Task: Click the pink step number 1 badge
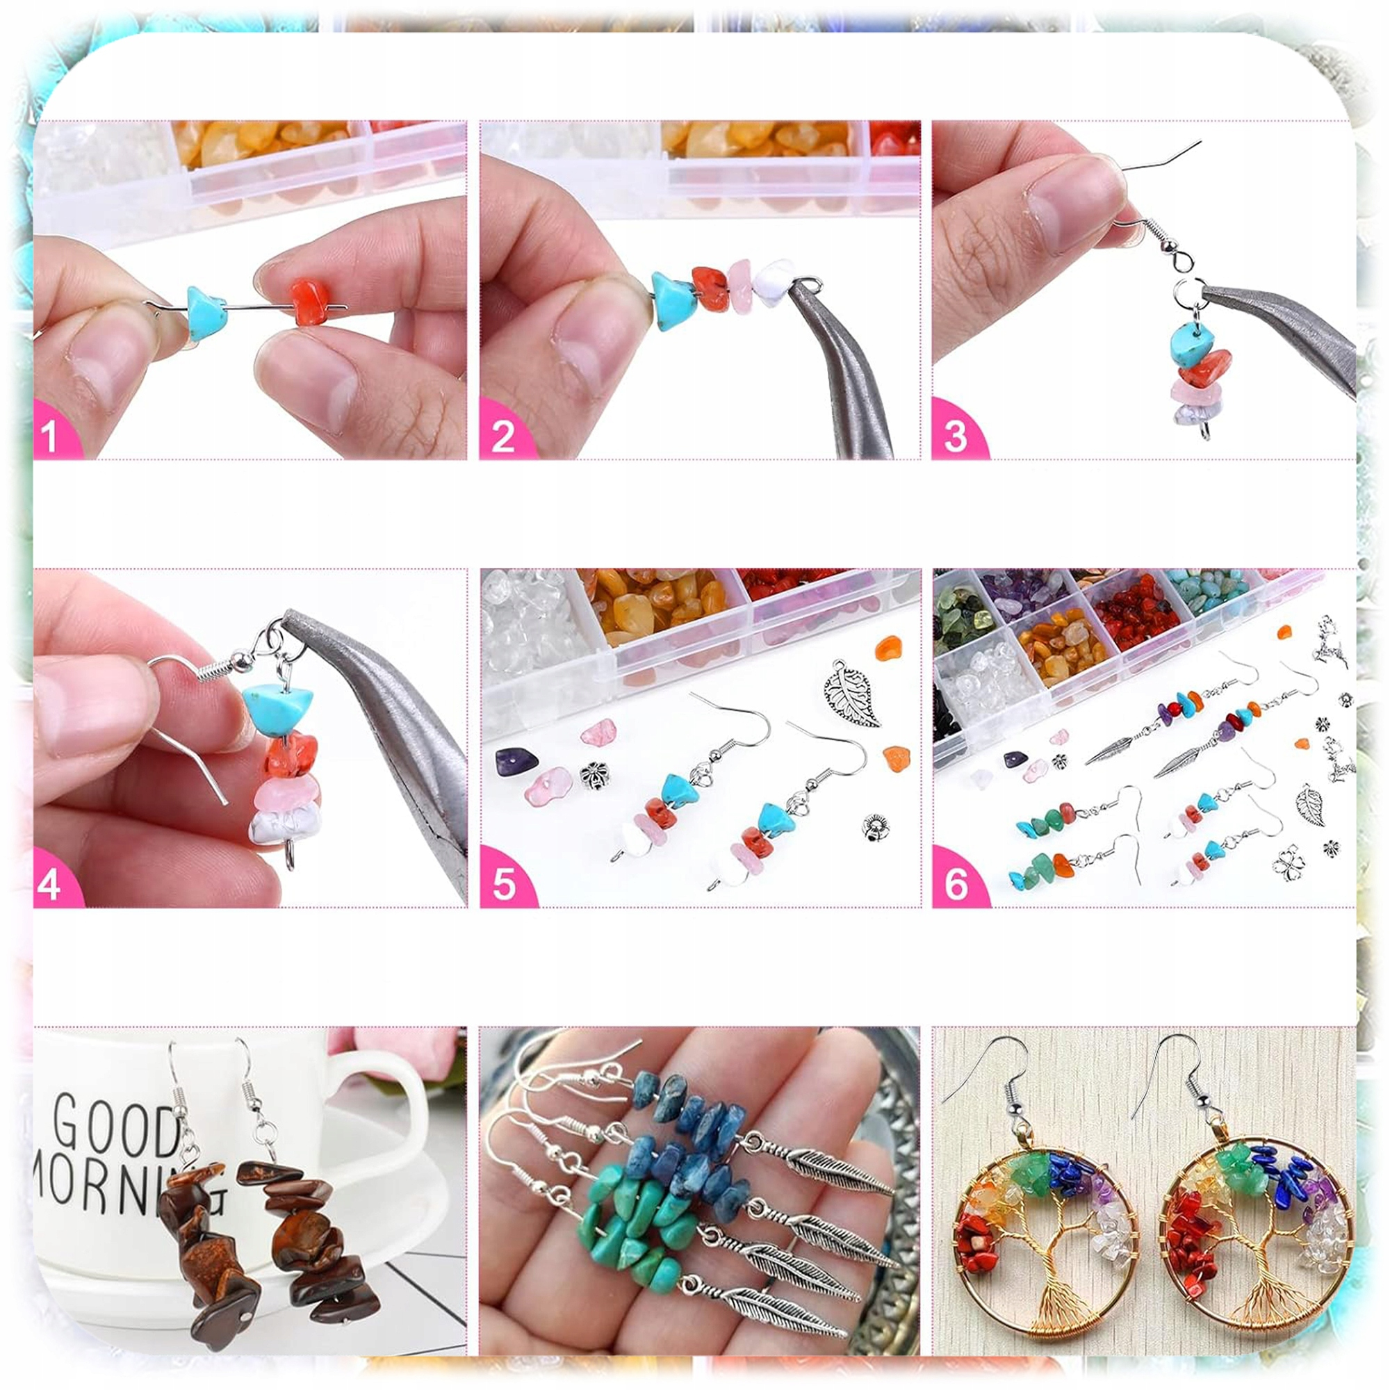(52, 434)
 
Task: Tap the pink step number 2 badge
(504, 434)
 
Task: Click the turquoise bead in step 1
(206, 312)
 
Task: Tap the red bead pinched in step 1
(311, 302)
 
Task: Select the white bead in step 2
(773, 282)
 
